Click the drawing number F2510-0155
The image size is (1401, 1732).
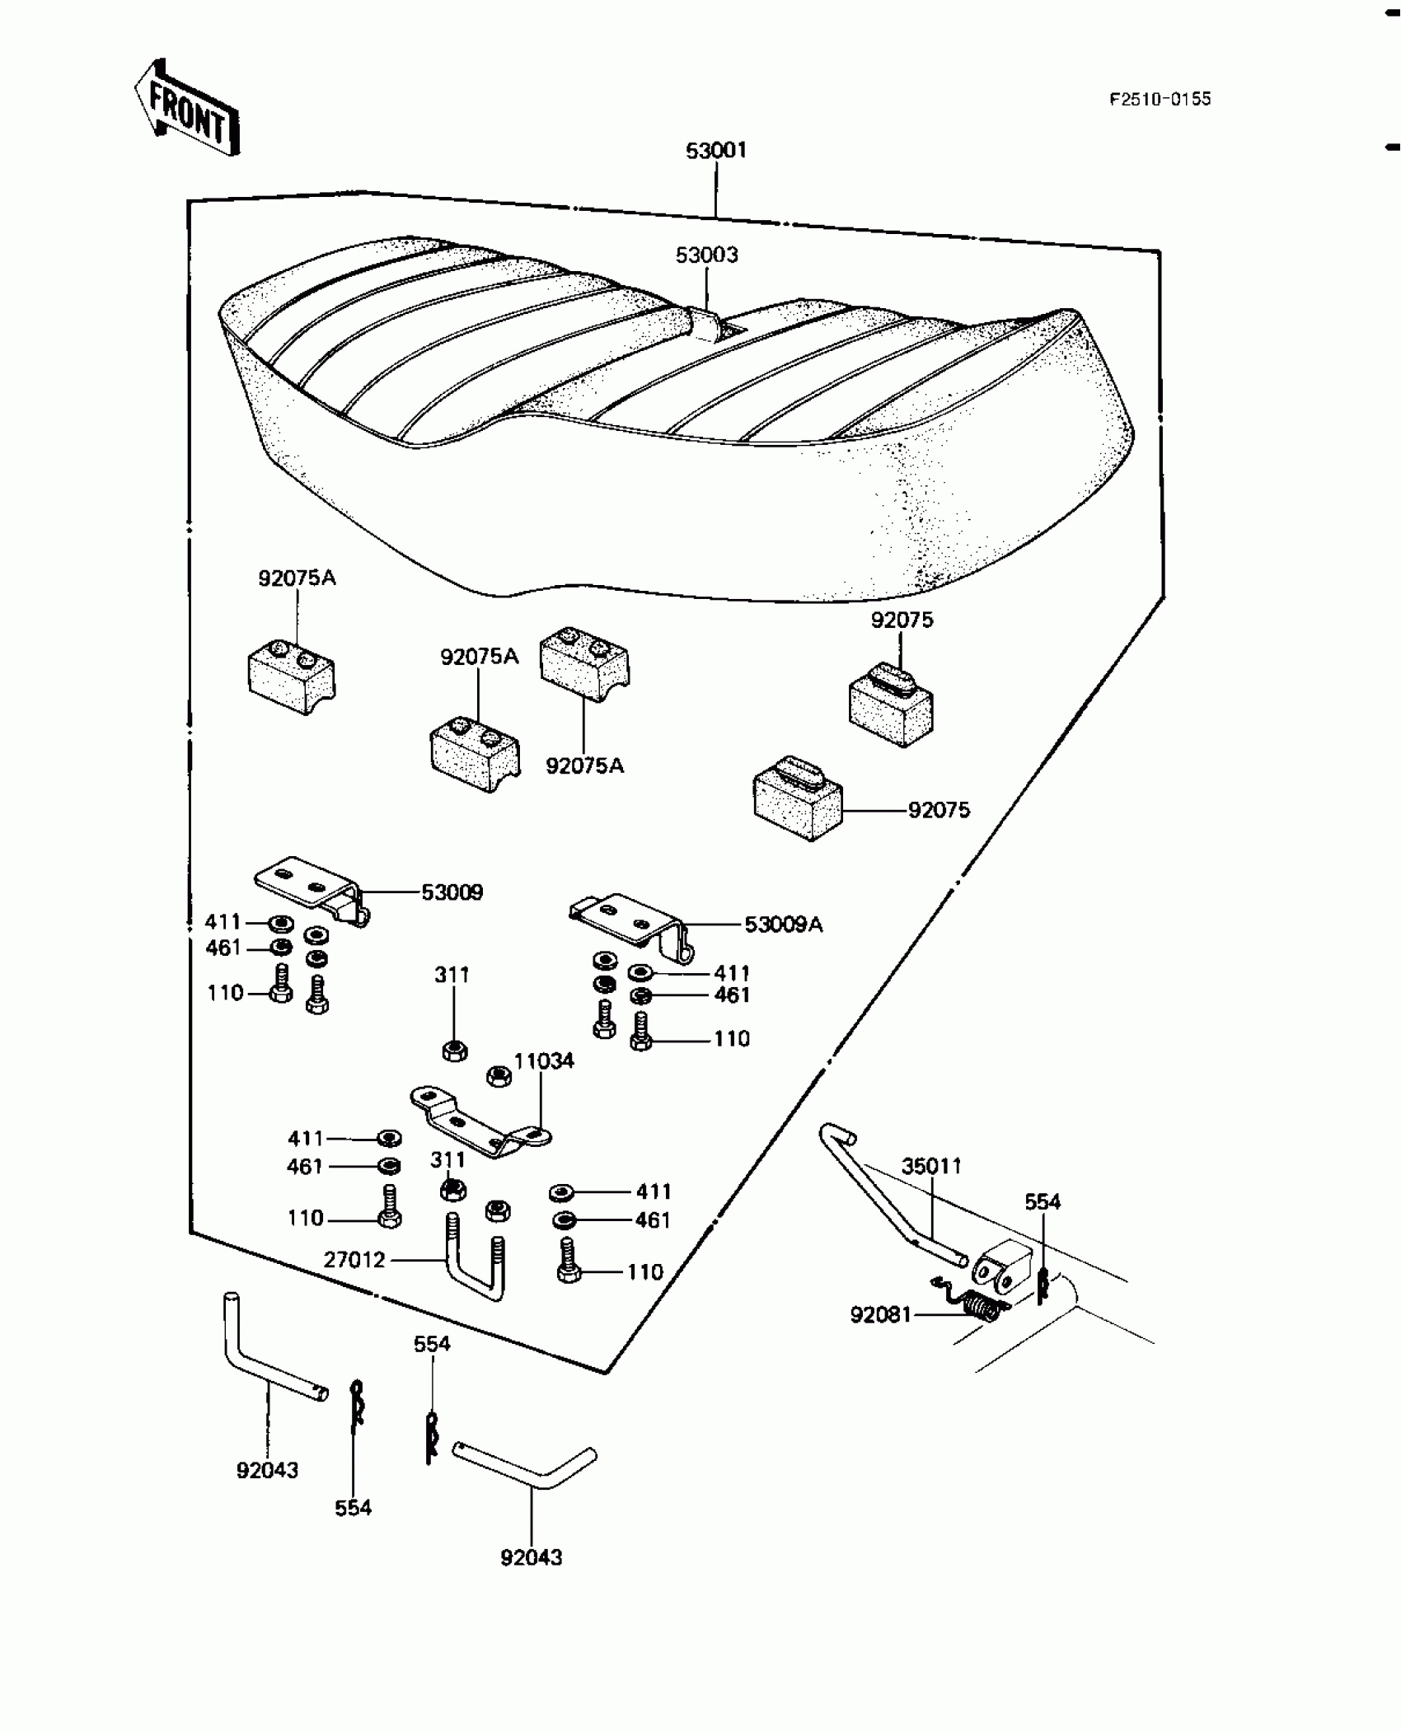click(x=1160, y=100)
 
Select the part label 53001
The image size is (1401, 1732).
click(x=716, y=151)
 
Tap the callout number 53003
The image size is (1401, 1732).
click(x=706, y=255)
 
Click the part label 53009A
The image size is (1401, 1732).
click(x=783, y=925)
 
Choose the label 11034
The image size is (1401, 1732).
click(x=544, y=1061)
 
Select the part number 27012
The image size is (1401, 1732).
click(x=354, y=1260)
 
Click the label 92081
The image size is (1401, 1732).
click(x=881, y=1315)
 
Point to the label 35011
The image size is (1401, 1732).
click(x=931, y=1166)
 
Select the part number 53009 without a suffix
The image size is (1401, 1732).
click(x=452, y=892)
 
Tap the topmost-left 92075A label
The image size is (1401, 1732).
click(x=297, y=578)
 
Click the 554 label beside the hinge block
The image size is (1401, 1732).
click(x=1043, y=1202)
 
